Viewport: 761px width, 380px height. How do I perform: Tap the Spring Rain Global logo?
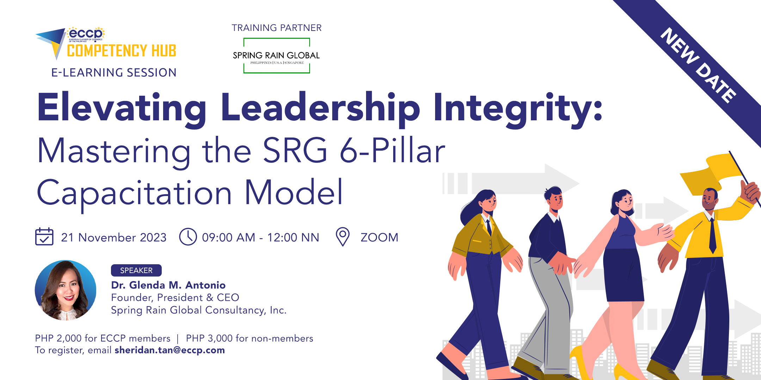click(277, 56)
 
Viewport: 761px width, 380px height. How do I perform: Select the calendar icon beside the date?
click(44, 236)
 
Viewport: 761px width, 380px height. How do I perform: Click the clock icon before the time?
click(188, 237)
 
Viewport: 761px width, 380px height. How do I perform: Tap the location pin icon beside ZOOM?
click(342, 236)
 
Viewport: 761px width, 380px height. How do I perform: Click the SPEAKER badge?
click(136, 270)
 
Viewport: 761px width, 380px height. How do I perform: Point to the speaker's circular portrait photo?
click(66, 290)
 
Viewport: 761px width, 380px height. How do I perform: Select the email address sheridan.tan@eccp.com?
click(170, 350)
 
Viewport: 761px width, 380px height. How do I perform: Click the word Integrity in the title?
click(518, 107)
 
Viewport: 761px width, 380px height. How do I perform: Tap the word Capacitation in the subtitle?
click(134, 193)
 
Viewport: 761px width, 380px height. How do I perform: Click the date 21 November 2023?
click(114, 237)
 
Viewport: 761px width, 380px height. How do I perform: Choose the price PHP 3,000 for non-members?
click(249, 338)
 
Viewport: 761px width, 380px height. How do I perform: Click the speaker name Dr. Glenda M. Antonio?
click(168, 285)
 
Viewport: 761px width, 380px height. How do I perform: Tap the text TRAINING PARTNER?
click(277, 28)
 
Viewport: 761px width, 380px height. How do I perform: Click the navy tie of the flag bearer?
click(712, 236)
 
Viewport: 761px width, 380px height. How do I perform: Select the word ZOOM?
click(379, 237)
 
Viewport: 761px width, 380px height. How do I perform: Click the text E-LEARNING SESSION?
click(114, 72)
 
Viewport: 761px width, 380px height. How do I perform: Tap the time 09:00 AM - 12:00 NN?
click(260, 237)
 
